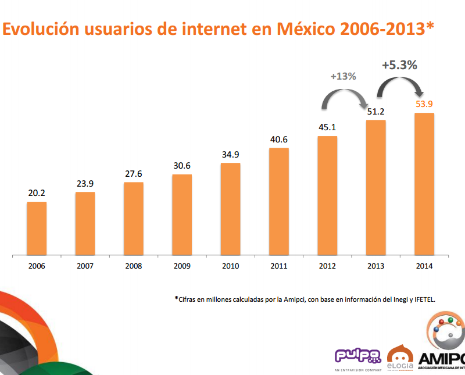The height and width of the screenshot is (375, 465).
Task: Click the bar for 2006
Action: pyautogui.click(x=37, y=228)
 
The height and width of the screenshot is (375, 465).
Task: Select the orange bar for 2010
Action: pyautogui.click(x=231, y=209)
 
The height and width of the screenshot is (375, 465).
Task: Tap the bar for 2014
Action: pyautogui.click(x=424, y=184)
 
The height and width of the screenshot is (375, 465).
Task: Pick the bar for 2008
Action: pyautogui.click(x=134, y=219)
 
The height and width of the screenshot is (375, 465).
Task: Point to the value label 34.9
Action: pyautogui.click(x=231, y=155)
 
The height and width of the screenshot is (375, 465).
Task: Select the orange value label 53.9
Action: pyautogui.click(x=424, y=104)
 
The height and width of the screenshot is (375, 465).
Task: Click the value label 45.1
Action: pyautogui.click(x=327, y=127)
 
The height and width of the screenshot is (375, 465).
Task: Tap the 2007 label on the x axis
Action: pyautogui.click(x=85, y=266)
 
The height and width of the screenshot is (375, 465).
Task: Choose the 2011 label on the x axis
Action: pyautogui.click(x=279, y=266)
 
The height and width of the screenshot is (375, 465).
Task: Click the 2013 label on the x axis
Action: pyautogui.click(x=375, y=266)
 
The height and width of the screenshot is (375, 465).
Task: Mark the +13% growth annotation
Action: pyautogui.click(x=343, y=76)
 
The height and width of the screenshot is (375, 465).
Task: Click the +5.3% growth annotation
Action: pyautogui.click(x=399, y=65)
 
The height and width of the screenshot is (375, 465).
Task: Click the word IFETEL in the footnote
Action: pyautogui.click(x=423, y=299)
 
